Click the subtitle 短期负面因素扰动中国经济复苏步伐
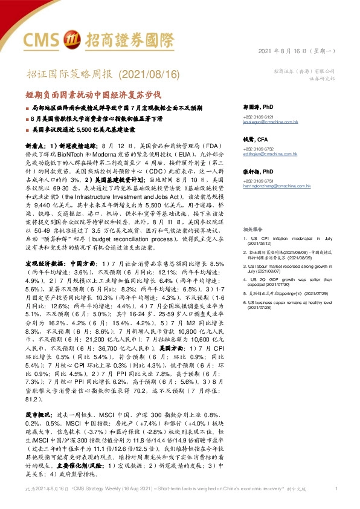94,95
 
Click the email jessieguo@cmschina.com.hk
266,121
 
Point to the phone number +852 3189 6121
259,116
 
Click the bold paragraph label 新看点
36,146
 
